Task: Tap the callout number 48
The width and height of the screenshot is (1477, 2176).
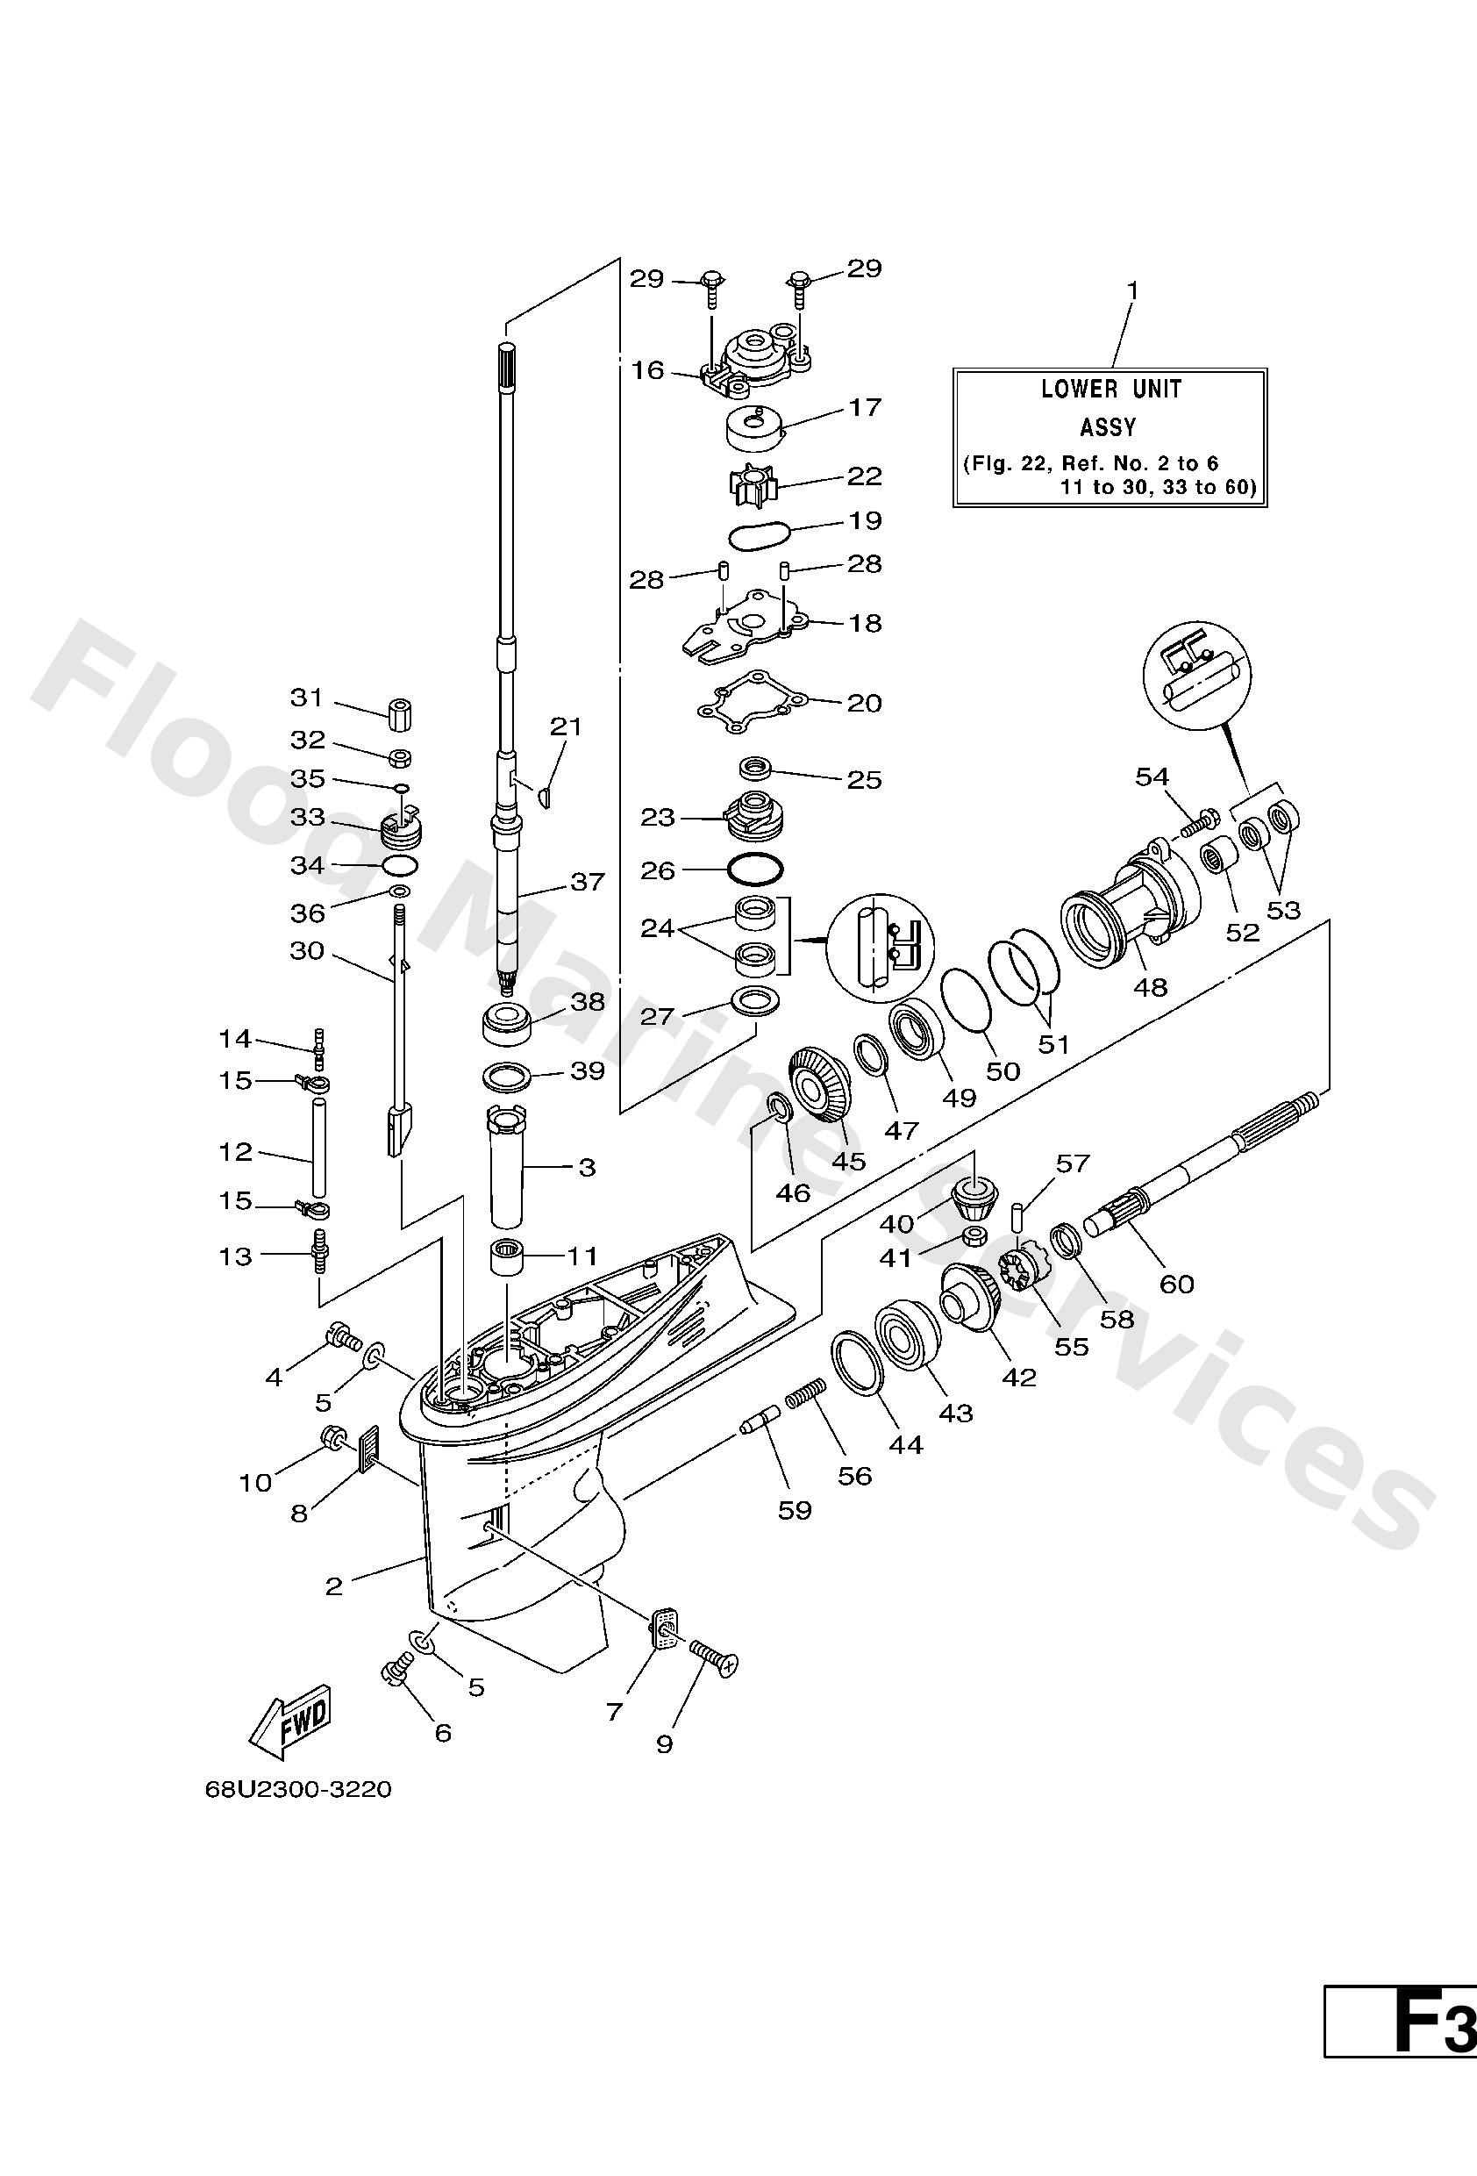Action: pyautogui.click(x=1151, y=987)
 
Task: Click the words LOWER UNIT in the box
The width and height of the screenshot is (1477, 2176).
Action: pyautogui.click(x=1111, y=389)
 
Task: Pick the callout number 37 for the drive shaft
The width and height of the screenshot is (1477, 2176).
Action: pyautogui.click(x=588, y=881)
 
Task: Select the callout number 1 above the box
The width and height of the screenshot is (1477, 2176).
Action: pyautogui.click(x=1132, y=291)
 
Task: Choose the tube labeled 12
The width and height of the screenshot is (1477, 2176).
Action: pyautogui.click(x=319, y=1148)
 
